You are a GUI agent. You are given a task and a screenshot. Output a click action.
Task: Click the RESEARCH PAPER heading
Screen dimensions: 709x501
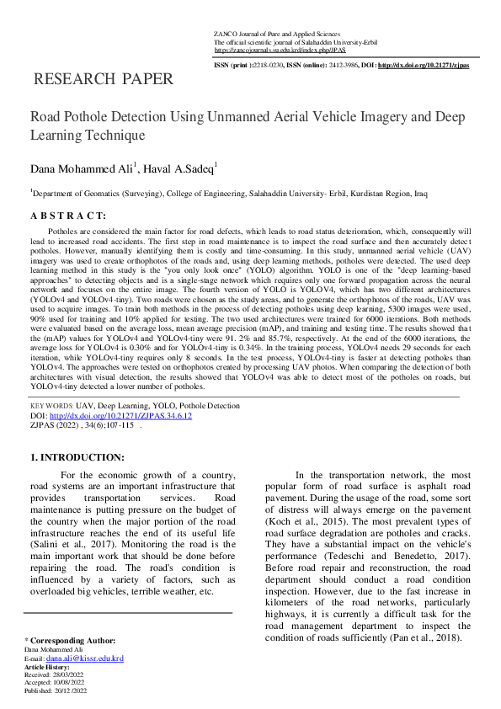pyautogui.click(x=102, y=80)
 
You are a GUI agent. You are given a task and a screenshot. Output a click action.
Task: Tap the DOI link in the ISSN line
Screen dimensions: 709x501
pyautogui.click(x=424, y=65)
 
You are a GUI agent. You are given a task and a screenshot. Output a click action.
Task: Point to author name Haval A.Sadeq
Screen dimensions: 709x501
pyautogui.click(x=179, y=169)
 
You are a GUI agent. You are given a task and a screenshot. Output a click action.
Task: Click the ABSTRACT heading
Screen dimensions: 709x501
pyautogui.click(x=68, y=216)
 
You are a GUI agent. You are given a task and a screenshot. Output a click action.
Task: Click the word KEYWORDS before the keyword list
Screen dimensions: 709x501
pyautogui.click(x=51, y=405)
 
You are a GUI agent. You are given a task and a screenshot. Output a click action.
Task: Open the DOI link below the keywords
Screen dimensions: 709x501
pyautogui.click(x=120, y=415)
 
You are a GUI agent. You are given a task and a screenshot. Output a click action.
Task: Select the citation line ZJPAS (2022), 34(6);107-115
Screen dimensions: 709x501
pyautogui.click(x=82, y=425)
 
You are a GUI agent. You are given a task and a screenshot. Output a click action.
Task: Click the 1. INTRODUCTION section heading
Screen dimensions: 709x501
pyautogui.click(x=77, y=457)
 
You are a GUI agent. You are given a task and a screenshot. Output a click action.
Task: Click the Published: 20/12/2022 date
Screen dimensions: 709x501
pyautogui.click(x=57, y=690)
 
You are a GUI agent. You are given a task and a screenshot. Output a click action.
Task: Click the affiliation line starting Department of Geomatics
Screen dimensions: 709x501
pyautogui.click(x=228, y=193)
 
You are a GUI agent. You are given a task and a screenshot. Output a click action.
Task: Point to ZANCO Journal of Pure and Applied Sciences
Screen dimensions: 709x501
pyautogui.click(x=279, y=33)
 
